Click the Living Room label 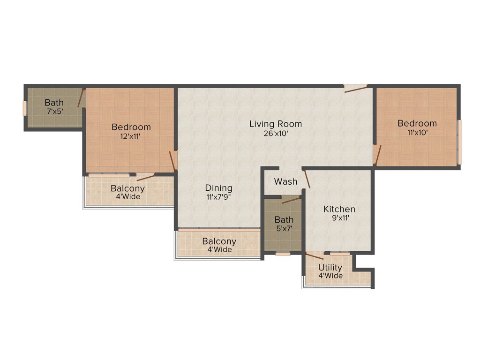(x=275, y=124)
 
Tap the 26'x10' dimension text (x=275, y=134)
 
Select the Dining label (x=218, y=188)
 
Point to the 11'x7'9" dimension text (x=218, y=197)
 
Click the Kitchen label (x=339, y=209)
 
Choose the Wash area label (x=285, y=181)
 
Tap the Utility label (x=330, y=268)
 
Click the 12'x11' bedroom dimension (x=131, y=136)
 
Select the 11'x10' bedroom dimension (x=417, y=133)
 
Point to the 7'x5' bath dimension (x=54, y=112)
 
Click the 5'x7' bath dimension (x=284, y=229)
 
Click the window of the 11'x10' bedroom (x=459, y=142)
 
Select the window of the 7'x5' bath (x=26, y=108)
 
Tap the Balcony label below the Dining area (x=219, y=241)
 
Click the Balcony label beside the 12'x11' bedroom (x=127, y=188)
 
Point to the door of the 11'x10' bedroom (x=378, y=155)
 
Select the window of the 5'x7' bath (x=283, y=254)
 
